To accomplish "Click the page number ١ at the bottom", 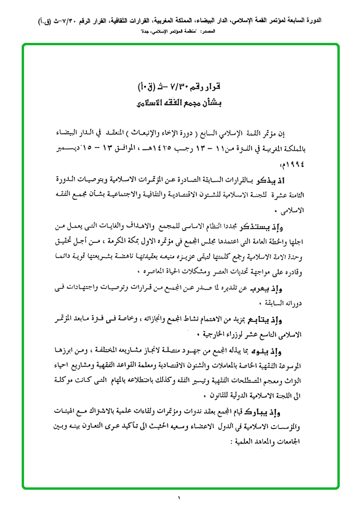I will pos(180,498).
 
